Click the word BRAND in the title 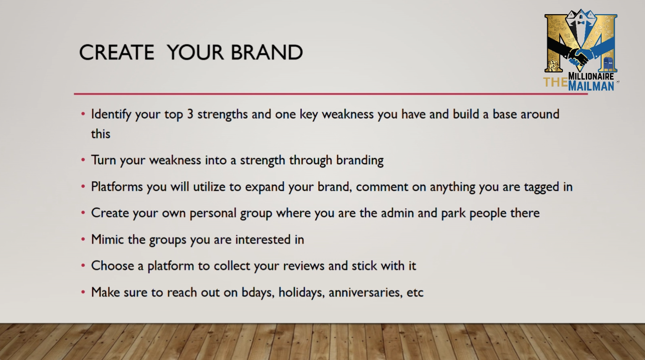click(267, 52)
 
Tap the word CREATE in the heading click(117, 52)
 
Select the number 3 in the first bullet click(190, 114)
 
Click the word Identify click(111, 114)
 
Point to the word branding click(360, 160)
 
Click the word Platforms click(117, 186)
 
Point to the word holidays click(301, 293)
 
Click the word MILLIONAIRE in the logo click(591, 76)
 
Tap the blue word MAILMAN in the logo click(591, 86)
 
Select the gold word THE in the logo click(556, 82)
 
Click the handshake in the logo click(579, 57)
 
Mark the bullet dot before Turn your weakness click(83, 159)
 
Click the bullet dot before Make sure click(83, 292)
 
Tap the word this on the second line click(100, 134)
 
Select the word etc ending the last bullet click(415, 293)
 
